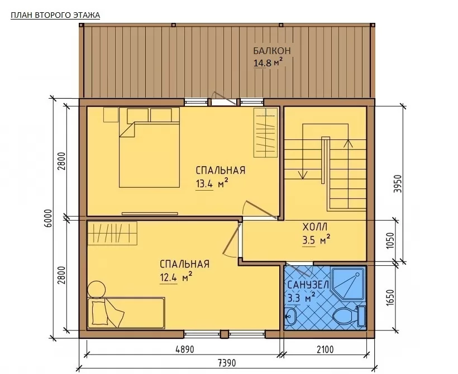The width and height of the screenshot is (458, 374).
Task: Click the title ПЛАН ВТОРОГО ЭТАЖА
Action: (55, 15)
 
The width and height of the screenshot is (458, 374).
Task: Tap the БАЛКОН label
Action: (272, 50)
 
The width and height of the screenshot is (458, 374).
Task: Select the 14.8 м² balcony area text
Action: (268, 62)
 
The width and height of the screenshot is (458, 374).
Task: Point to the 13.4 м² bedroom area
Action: (212, 184)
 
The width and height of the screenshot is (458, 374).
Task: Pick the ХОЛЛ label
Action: (315, 226)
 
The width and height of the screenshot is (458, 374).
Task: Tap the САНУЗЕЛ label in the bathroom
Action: (308, 284)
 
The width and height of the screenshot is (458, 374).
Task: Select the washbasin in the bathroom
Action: (291, 316)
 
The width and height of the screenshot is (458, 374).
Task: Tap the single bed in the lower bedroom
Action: (126, 313)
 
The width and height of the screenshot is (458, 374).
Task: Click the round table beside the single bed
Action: (97, 289)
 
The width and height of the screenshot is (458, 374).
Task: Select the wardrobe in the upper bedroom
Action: (265, 133)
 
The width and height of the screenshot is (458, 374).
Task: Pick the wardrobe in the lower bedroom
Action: (112, 233)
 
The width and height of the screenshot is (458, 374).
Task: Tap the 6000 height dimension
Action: (49, 218)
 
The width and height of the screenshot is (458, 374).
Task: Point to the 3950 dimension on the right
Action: (398, 184)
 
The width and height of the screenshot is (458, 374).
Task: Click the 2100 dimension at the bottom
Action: (325, 349)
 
